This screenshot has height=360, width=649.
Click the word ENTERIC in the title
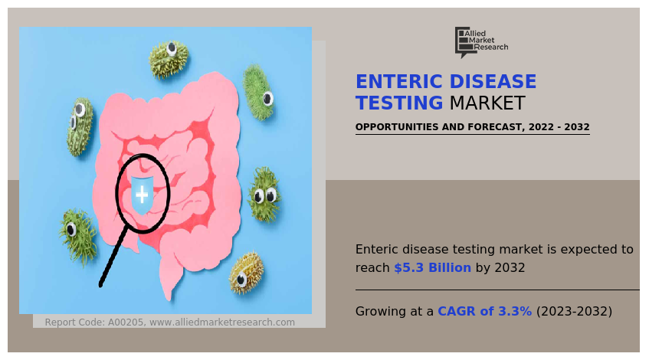click(x=399, y=81)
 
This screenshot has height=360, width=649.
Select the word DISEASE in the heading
click(x=493, y=81)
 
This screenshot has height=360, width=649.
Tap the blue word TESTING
click(x=399, y=103)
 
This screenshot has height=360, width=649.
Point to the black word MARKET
click(x=487, y=103)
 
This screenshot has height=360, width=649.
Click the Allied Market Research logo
click(x=481, y=42)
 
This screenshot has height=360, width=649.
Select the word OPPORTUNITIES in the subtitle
click(x=398, y=127)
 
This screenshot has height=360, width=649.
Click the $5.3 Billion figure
click(x=432, y=268)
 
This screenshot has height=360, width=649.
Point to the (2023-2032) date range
click(x=574, y=311)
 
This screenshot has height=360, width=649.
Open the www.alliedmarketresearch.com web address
click(x=222, y=322)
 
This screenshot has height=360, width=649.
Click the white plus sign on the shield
click(x=142, y=195)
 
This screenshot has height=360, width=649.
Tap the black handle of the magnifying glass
click(x=113, y=256)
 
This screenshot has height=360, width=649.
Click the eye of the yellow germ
click(x=241, y=280)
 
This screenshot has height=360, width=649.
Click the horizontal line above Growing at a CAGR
click(x=497, y=290)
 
